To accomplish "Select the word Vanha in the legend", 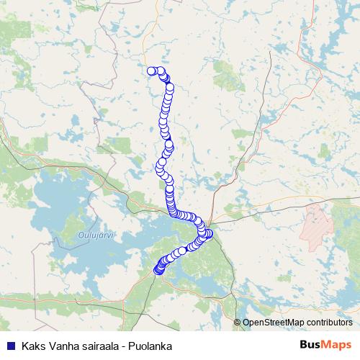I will pos(61,346).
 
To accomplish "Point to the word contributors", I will pos(328,323).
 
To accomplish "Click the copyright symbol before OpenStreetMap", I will pos(238,323).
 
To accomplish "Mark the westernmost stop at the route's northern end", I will pos(152,71).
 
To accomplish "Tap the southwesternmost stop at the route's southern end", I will pos(158,271).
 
